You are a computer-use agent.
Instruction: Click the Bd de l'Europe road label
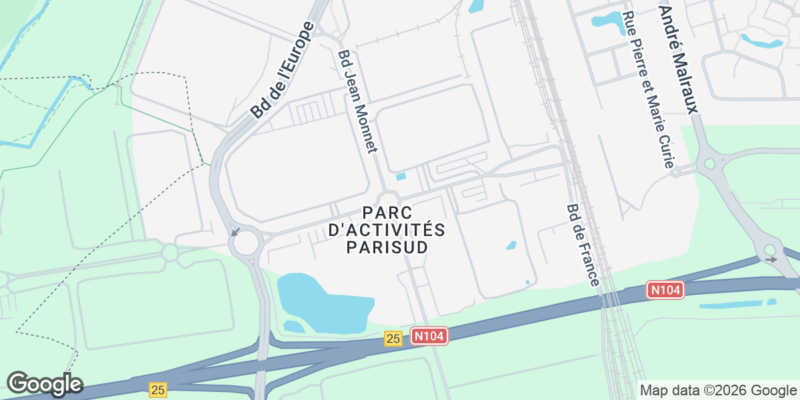[283, 71]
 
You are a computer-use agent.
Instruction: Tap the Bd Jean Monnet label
[358, 101]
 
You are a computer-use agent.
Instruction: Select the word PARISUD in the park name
[387, 247]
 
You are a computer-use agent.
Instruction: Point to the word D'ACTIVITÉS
[387, 230]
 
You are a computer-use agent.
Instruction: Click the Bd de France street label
[582, 245]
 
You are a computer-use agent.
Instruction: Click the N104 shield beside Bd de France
[666, 290]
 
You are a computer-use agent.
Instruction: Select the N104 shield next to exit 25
[428, 336]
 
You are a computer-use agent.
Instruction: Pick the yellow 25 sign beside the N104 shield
[393, 339]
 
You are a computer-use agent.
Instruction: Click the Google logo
[45, 384]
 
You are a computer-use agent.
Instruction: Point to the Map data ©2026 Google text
[718, 390]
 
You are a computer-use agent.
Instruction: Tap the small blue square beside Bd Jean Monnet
[401, 177]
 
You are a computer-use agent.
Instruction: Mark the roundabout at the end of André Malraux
[711, 162]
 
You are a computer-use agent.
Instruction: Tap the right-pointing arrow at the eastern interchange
[771, 259]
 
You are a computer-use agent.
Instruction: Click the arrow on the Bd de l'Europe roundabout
[235, 232]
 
